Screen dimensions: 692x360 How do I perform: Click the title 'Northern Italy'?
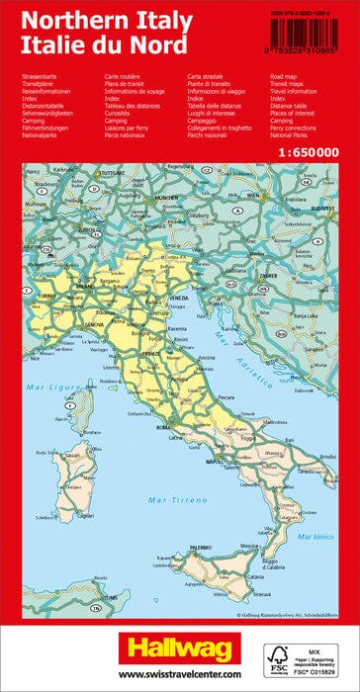[x=105, y=19]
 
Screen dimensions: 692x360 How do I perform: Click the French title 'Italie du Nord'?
[x=99, y=46]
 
